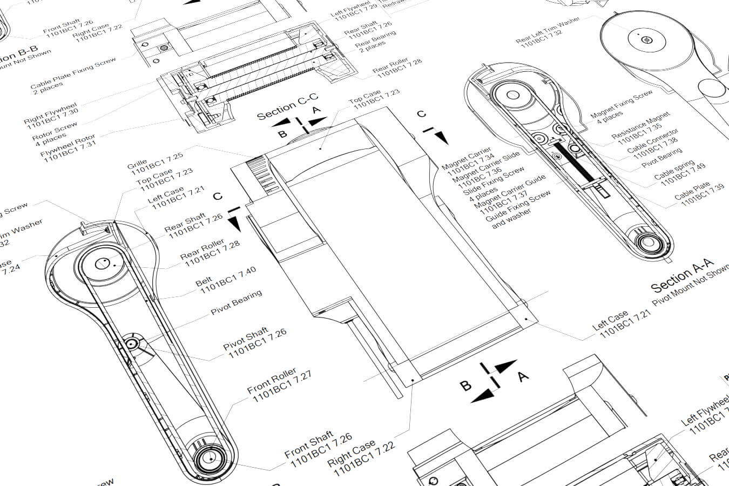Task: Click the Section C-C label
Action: tap(287, 108)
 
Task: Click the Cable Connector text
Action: tap(652, 141)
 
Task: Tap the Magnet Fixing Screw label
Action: tap(621, 105)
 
